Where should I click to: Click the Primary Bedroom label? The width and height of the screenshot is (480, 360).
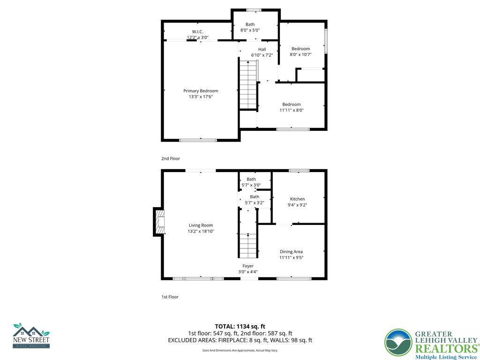coord(200,91)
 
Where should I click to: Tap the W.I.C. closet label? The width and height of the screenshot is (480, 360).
coord(197,31)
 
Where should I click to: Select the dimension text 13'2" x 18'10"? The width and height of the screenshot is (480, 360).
coord(201,231)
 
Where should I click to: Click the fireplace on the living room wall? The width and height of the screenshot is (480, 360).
coord(159,222)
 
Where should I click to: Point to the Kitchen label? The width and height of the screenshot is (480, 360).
coord(297,199)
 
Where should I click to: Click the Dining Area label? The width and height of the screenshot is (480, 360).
coord(291,252)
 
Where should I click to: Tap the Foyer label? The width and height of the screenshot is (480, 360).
coord(247,266)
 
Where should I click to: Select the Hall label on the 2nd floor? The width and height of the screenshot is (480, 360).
coord(262,49)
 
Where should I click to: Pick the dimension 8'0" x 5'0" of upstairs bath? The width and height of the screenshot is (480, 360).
coord(250,30)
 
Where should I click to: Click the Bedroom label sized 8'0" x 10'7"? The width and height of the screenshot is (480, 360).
coord(300,49)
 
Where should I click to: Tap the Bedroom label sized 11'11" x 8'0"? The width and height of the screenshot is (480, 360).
coord(291,105)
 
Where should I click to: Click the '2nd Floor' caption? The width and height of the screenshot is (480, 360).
coord(171,159)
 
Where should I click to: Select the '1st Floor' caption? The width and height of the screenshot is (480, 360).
coord(170,297)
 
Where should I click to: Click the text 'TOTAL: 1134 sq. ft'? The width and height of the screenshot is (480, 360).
coord(240,326)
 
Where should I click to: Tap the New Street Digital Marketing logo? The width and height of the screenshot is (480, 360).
coord(31,335)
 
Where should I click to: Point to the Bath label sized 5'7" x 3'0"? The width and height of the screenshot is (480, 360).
coord(251,179)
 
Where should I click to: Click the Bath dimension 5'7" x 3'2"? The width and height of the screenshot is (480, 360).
coord(255,203)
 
